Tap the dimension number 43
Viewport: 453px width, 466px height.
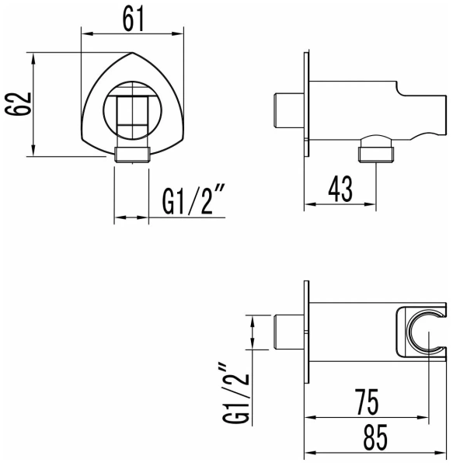pyautogui.click(x=339, y=187)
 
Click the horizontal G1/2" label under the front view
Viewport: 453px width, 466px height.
pyautogui.click(x=194, y=203)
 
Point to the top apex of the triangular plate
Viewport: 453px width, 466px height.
pyautogui.click(x=132, y=57)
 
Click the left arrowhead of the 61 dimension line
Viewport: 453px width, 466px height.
pyautogui.click(x=85, y=33)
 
